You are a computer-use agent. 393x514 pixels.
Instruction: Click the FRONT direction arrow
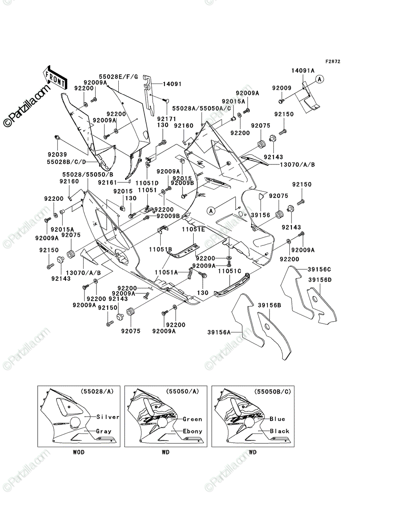(55, 78)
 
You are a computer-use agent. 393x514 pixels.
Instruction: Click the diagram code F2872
(333, 62)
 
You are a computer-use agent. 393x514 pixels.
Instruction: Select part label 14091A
(303, 71)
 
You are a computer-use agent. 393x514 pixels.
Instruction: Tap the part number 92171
(166, 119)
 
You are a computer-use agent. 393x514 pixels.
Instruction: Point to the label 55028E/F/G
(118, 77)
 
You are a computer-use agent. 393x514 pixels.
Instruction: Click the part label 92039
(57, 155)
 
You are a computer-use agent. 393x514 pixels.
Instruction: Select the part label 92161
(108, 182)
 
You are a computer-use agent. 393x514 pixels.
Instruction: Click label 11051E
(193, 230)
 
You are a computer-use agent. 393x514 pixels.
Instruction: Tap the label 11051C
(230, 271)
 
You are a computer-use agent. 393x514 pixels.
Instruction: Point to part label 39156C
(319, 269)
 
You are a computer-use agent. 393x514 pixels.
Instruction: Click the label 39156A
(219, 332)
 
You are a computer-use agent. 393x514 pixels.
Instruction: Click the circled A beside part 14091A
(320, 79)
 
